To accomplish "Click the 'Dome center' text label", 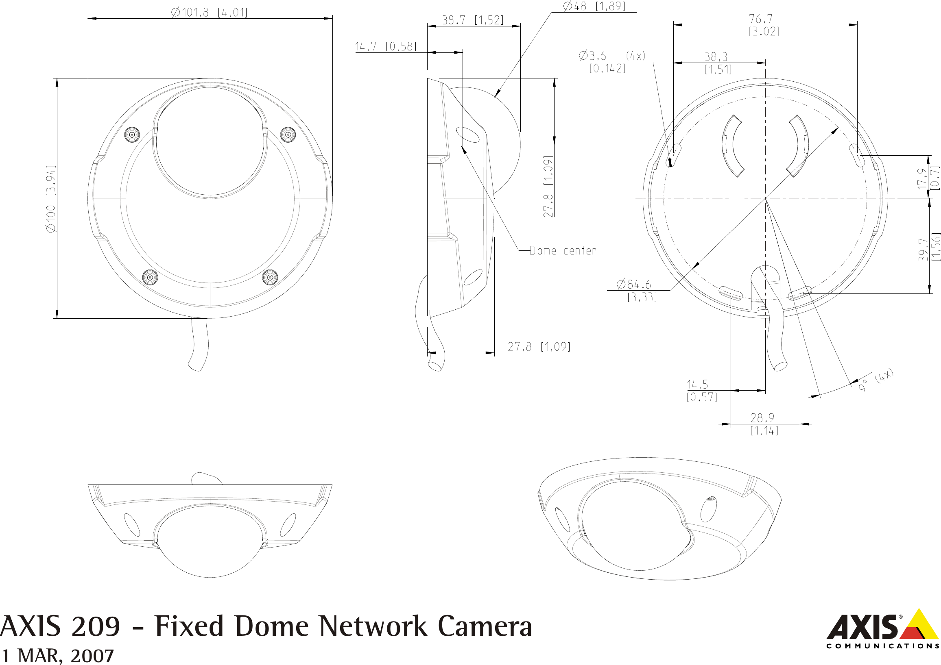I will pos(562,251).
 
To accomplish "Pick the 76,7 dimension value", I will pos(761,19).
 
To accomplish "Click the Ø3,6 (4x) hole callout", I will pos(611,55).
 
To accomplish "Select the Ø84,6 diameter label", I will pos(634,284).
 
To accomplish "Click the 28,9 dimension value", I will pos(762,418).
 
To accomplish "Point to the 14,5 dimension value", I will pos(697,385).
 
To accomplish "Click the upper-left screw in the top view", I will pos(132,135).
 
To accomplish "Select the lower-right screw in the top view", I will pos(270,278).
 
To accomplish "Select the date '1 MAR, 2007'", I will pos(57,655).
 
